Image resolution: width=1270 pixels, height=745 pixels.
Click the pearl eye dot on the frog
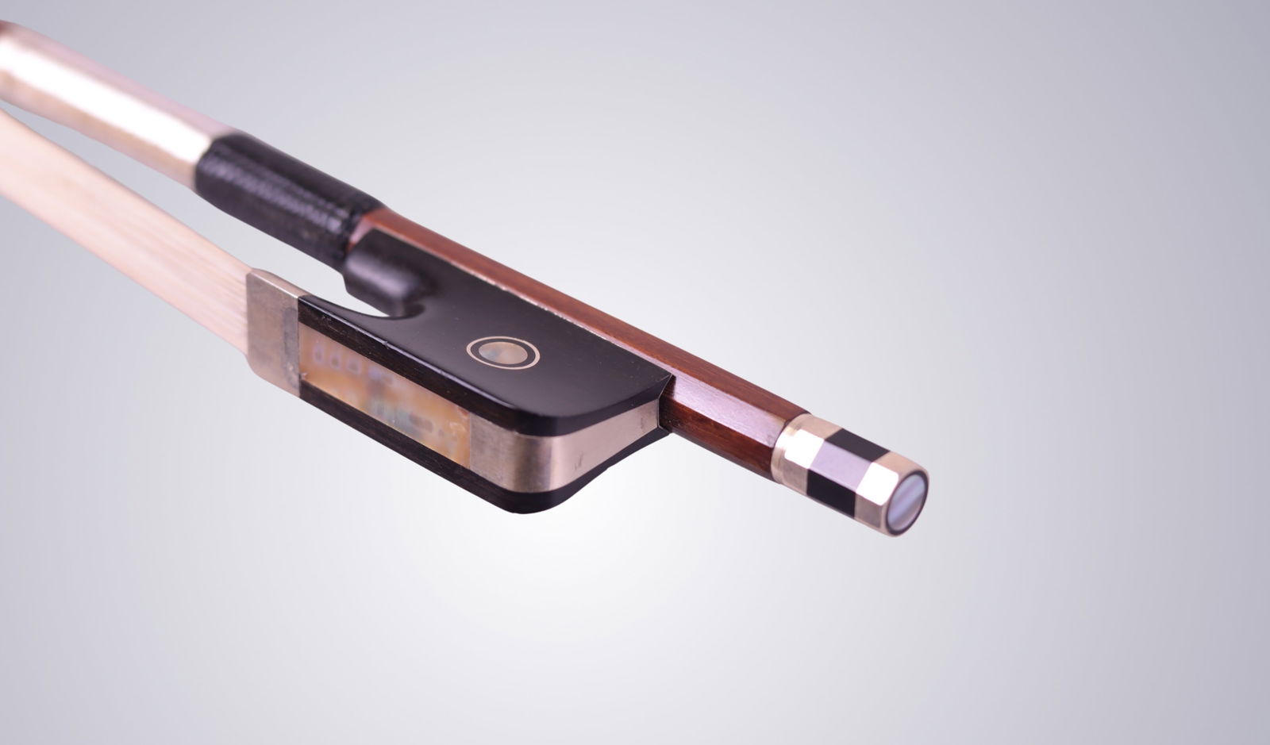503,351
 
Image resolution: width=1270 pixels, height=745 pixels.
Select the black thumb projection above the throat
381,270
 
